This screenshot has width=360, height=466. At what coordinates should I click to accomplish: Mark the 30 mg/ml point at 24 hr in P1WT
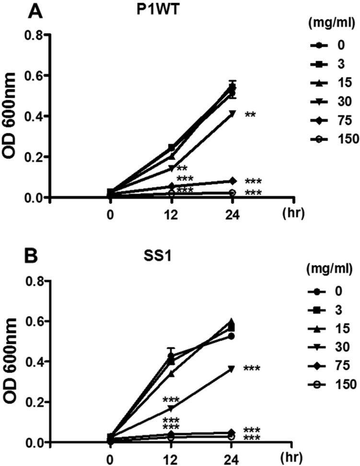point(232,114)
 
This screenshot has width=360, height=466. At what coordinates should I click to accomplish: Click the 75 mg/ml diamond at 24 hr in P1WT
point(232,181)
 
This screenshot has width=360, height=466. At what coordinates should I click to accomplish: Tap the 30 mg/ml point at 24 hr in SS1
point(232,369)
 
